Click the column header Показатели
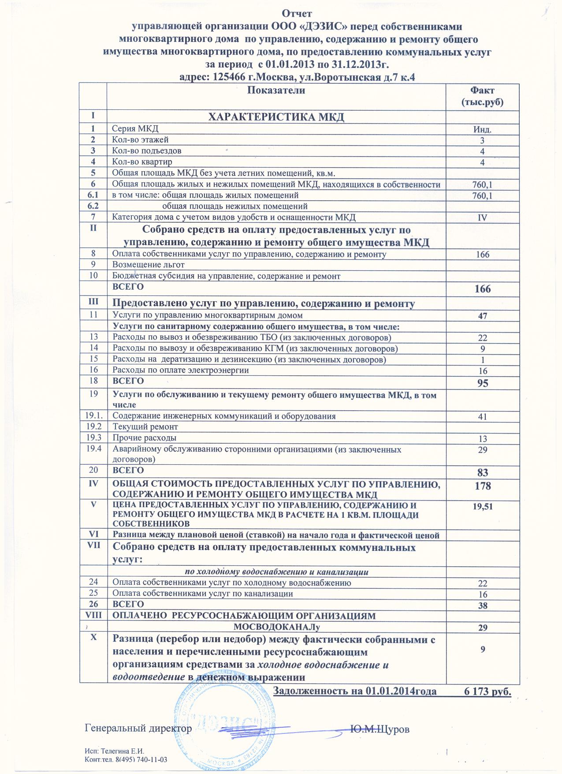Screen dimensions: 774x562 point(276,90)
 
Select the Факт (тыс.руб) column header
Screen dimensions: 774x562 point(482,97)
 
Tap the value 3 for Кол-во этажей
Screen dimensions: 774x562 point(483,141)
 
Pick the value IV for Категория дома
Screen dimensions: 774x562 point(483,218)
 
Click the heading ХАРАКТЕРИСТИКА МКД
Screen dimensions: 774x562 point(276,117)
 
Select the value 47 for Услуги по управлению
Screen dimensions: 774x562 point(483,316)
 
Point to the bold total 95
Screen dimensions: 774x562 point(483,383)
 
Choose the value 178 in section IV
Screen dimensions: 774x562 point(483,486)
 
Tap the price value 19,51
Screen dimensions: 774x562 point(483,507)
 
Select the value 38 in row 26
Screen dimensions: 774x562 point(483,606)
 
